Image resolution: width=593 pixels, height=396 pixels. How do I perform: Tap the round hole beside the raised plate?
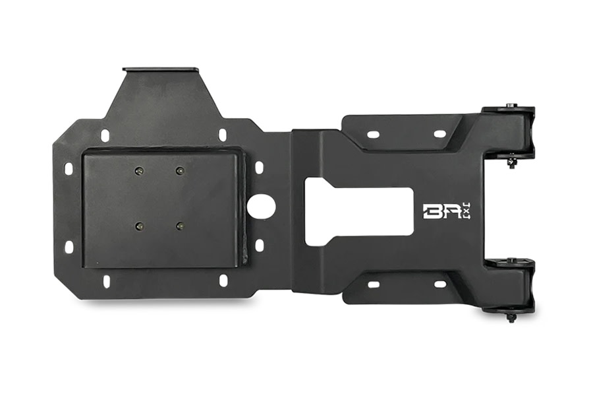coord(262,206)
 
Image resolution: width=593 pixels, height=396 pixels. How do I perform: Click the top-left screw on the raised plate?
coord(138,171)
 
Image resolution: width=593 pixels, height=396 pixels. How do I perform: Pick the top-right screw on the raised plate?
coord(179,171)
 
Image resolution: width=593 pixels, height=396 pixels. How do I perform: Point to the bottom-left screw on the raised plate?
coord(138,226)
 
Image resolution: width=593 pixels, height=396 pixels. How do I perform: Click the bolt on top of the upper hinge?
coord(511,106)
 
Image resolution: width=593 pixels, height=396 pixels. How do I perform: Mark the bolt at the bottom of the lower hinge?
coord(511,317)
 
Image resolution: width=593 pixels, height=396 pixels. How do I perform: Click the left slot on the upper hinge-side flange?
coord(373,134)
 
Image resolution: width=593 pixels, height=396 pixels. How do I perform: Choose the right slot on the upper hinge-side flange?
coord(439,134)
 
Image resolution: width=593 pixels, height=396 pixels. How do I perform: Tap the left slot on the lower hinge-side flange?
coord(373,284)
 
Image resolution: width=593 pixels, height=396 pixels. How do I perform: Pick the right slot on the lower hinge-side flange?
coord(439,284)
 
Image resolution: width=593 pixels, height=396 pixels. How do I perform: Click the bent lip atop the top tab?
coord(160,69)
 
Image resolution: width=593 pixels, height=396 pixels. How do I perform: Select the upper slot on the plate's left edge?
coord(69,169)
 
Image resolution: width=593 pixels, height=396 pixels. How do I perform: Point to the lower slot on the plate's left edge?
coord(69,247)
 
